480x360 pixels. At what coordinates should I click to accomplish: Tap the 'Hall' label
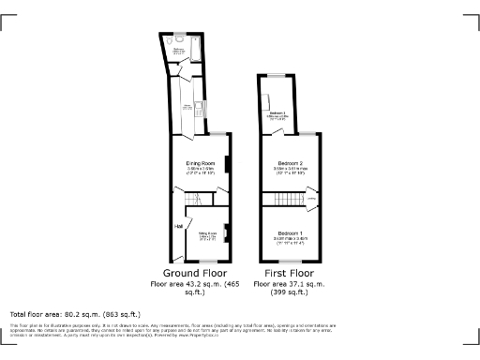click(x=177, y=226)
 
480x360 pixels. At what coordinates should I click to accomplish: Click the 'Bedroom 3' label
click(x=277, y=113)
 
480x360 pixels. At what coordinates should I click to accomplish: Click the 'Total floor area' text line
click(x=75, y=314)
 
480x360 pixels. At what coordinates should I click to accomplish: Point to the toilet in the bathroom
click(x=176, y=42)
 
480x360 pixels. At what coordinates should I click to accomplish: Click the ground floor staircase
click(x=194, y=201)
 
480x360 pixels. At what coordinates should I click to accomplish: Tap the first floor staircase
click(x=282, y=199)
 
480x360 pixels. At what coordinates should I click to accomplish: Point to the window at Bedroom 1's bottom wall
click(x=288, y=260)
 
